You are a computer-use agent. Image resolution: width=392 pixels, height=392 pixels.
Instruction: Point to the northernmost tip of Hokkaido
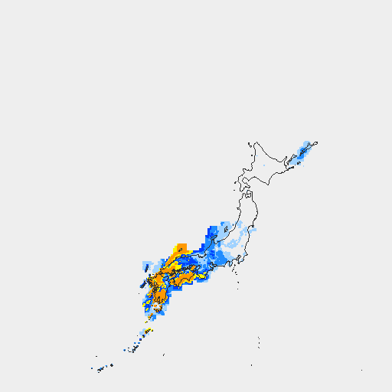click(255, 142)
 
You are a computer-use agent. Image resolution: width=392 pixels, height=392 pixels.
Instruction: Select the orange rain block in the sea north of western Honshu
click(181, 248)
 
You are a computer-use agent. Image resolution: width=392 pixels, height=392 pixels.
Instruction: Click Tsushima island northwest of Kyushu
click(143, 284)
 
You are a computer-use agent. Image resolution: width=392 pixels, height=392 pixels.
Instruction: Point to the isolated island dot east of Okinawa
click(163, 354)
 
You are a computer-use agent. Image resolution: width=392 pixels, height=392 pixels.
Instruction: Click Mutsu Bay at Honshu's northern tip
click(247, 195)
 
